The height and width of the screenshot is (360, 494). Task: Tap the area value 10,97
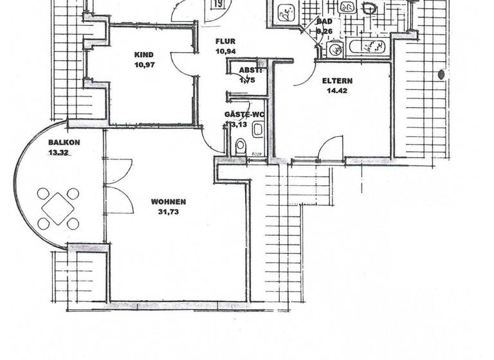pos(146,65)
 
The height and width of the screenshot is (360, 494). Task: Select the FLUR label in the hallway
pos(225,41)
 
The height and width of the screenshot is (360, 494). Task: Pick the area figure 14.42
pos(334,92)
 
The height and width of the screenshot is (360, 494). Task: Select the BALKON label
pos(64,143)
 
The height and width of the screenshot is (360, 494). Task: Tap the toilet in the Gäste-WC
pos(241,146)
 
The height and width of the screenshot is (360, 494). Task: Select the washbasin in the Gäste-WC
pos(257,130)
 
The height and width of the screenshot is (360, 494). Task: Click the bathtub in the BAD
pos(367,47)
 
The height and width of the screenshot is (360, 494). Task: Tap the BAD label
pos(324,21)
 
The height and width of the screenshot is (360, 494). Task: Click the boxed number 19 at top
pos(219,4)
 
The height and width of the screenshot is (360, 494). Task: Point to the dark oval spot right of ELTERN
pos(441,75)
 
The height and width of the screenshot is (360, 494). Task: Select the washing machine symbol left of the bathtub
pos(336,48)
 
